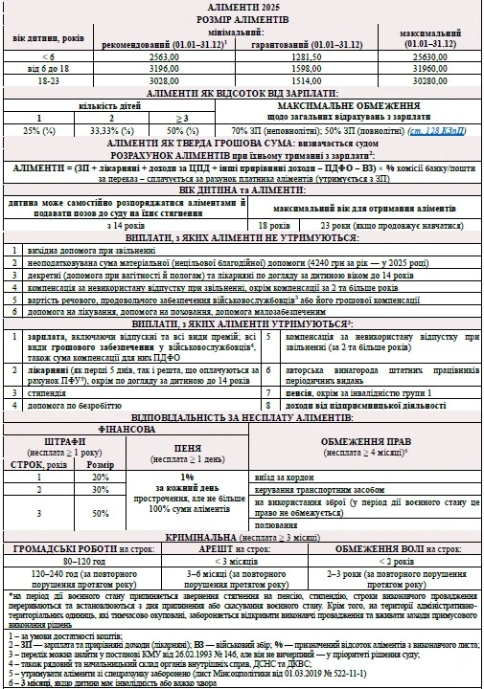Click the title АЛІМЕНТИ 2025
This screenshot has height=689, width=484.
click(x=242, y=7)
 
